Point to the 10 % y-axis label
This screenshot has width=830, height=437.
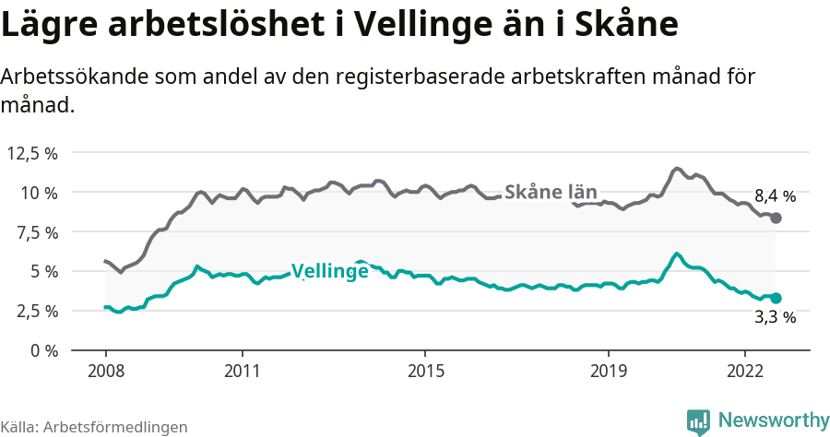(39, 193)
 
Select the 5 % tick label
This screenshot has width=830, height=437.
(42, 272)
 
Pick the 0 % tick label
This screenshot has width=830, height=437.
(42, 350)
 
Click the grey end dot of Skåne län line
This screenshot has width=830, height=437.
(776, 218)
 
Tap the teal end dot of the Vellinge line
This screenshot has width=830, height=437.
(776, 298)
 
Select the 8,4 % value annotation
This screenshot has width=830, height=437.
(775, 196)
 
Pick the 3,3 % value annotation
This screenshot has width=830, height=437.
(775, 317)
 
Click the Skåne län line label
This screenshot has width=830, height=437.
(552, 193)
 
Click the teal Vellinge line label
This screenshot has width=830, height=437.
(330, 271)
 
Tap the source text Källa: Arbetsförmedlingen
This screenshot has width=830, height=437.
(94, 427)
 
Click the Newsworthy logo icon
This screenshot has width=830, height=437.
(698, 421)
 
